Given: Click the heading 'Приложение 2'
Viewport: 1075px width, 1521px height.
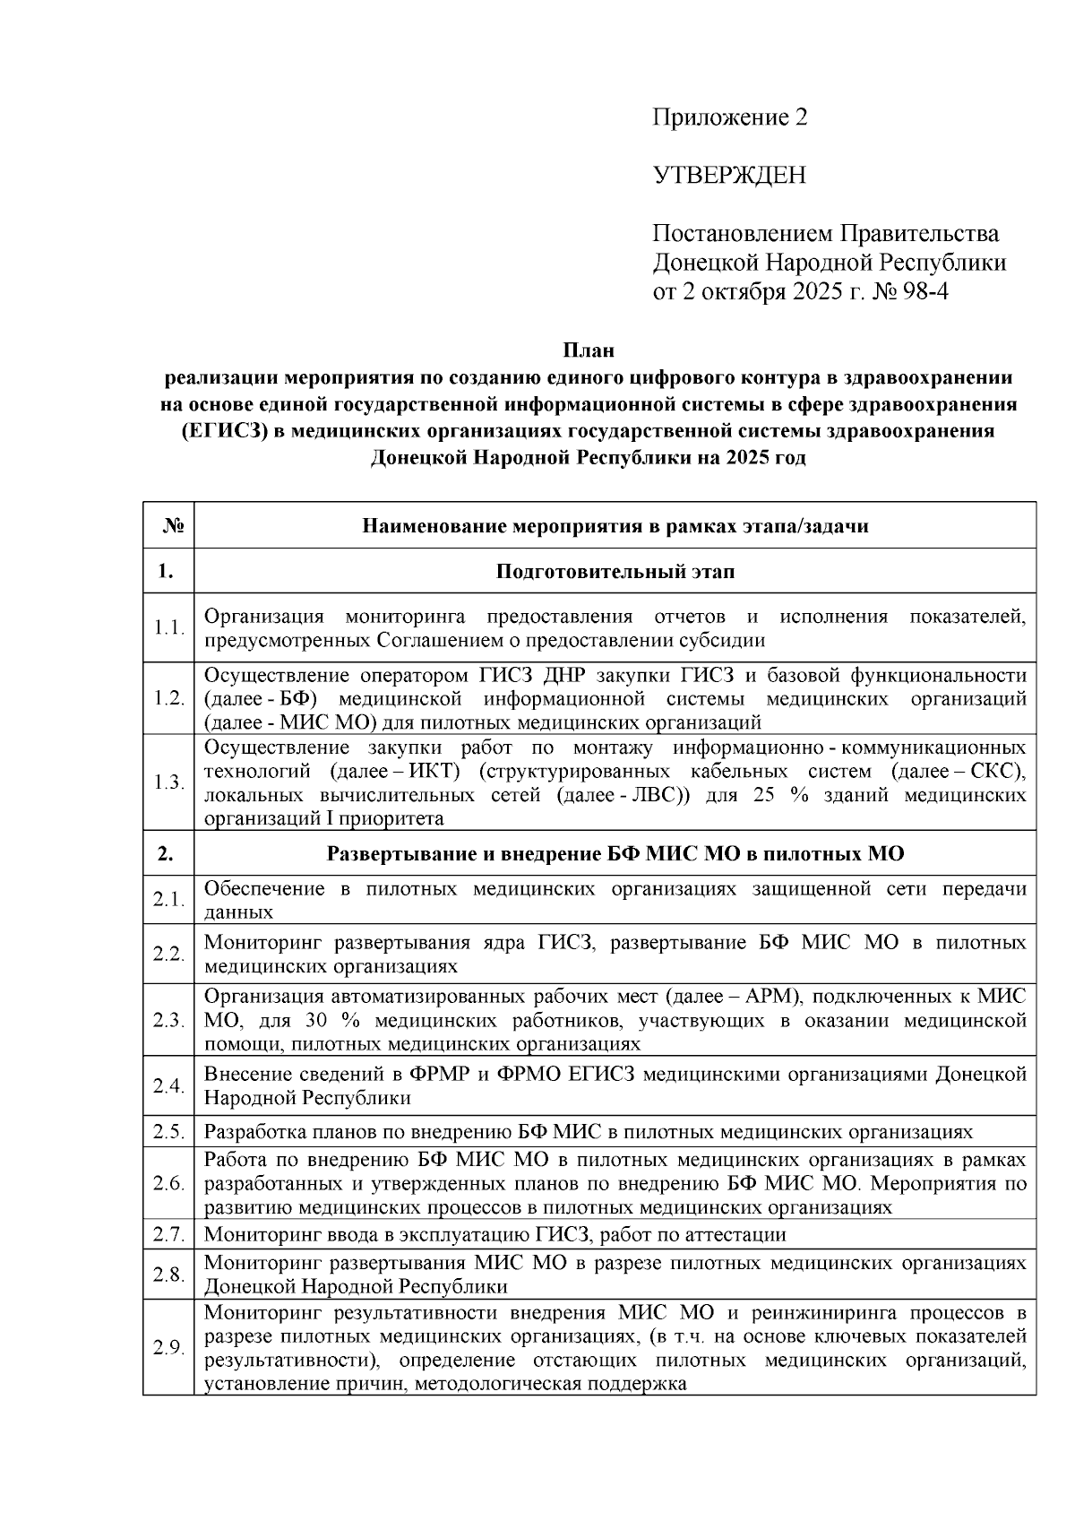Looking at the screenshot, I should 729,117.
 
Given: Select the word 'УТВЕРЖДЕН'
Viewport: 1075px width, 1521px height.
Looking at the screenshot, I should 728,175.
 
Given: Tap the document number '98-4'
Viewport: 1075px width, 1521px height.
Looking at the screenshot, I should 923,291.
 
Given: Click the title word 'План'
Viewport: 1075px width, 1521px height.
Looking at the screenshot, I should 589,350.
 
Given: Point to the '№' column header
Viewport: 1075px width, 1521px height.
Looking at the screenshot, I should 168,526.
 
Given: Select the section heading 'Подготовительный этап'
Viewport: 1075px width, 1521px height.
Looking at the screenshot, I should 615,571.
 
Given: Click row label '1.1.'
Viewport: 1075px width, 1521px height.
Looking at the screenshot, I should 168,628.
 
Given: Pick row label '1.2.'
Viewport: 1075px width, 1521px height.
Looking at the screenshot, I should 168,698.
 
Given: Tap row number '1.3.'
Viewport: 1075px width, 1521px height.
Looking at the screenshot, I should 168,782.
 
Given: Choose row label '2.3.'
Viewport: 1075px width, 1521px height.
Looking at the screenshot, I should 168,1021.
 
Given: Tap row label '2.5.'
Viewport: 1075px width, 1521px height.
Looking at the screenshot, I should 168,1131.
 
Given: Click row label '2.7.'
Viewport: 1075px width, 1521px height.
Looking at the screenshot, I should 168,1234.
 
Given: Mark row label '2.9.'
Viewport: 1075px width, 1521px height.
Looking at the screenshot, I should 168,1348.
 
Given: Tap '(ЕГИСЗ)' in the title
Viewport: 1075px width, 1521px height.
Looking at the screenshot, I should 218,431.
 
